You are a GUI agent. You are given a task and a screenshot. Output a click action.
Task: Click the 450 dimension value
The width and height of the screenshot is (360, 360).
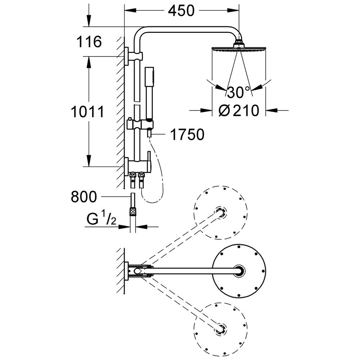coord(181,10)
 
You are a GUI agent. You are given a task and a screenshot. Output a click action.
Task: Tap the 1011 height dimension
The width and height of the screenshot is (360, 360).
coord(87,112)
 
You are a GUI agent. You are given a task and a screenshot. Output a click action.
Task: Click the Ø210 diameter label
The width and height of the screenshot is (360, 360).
coord(239,111)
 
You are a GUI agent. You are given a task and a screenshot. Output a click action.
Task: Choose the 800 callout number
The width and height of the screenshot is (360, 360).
coord(84,197)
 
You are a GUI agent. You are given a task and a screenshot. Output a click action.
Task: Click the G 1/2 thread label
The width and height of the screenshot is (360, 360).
coord(101,218)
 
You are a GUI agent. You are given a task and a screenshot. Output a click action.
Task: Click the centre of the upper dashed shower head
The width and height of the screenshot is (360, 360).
coord(221,212)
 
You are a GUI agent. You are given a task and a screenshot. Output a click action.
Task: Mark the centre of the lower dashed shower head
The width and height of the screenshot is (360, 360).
coord(221,328)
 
